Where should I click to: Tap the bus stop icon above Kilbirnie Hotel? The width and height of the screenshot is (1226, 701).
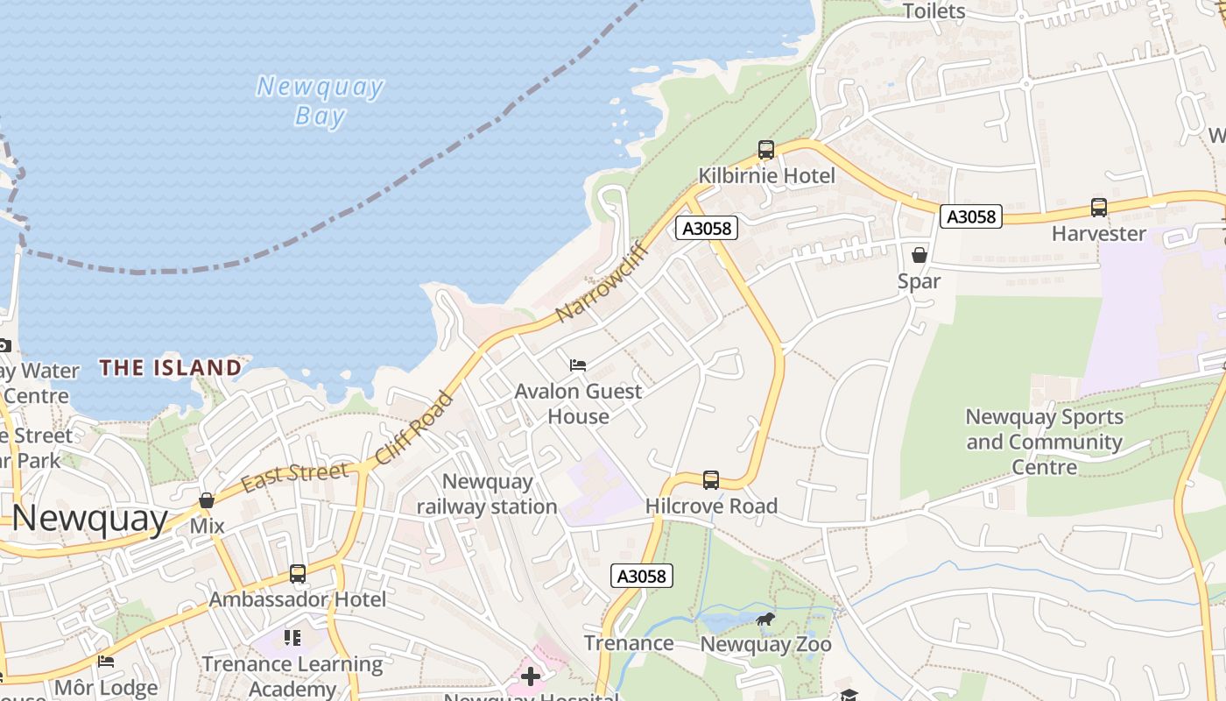coord(766,150)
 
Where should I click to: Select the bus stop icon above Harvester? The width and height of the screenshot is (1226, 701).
coord(1098,208)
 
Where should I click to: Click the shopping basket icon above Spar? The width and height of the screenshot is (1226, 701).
coord(919,255)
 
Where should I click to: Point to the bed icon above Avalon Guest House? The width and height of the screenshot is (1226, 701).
coord(577,365)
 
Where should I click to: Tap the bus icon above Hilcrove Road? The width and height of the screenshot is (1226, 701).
coord(711,480)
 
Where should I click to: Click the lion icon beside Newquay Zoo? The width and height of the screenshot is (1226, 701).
coord(765,620)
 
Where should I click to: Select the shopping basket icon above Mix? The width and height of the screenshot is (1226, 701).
coord(207,500)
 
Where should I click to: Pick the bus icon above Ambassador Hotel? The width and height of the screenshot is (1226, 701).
coord(298,574)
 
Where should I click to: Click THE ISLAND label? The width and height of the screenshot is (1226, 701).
coord(170,368)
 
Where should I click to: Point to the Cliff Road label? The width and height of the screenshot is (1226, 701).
coord(414,428)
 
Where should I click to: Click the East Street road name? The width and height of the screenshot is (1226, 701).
coord(294,477)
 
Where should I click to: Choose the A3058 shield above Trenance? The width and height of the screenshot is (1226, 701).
coord(641,576)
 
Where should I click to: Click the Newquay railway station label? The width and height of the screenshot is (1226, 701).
coord(487,494)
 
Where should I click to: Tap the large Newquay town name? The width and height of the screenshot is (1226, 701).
coord(89,519)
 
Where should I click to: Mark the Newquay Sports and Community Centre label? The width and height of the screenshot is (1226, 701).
coord(1044,442)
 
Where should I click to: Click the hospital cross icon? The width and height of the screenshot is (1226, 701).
coord(531,676)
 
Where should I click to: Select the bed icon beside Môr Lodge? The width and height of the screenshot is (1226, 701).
coord(106,662)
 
